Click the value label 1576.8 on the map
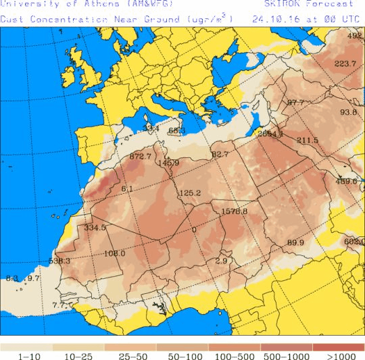click(235, 211)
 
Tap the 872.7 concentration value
click(140, 157)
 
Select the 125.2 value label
click(190, 193)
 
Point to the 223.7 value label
click(345, 63)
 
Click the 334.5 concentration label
click(95, 228)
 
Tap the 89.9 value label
click(295, 243)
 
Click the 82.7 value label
click(220, 155)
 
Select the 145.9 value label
click(168, 163)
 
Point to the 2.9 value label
click(220, 261)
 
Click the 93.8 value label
click(348, 112)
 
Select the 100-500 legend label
click(235, 355)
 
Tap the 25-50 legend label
click(130, 355)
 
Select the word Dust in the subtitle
click(11, 19)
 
